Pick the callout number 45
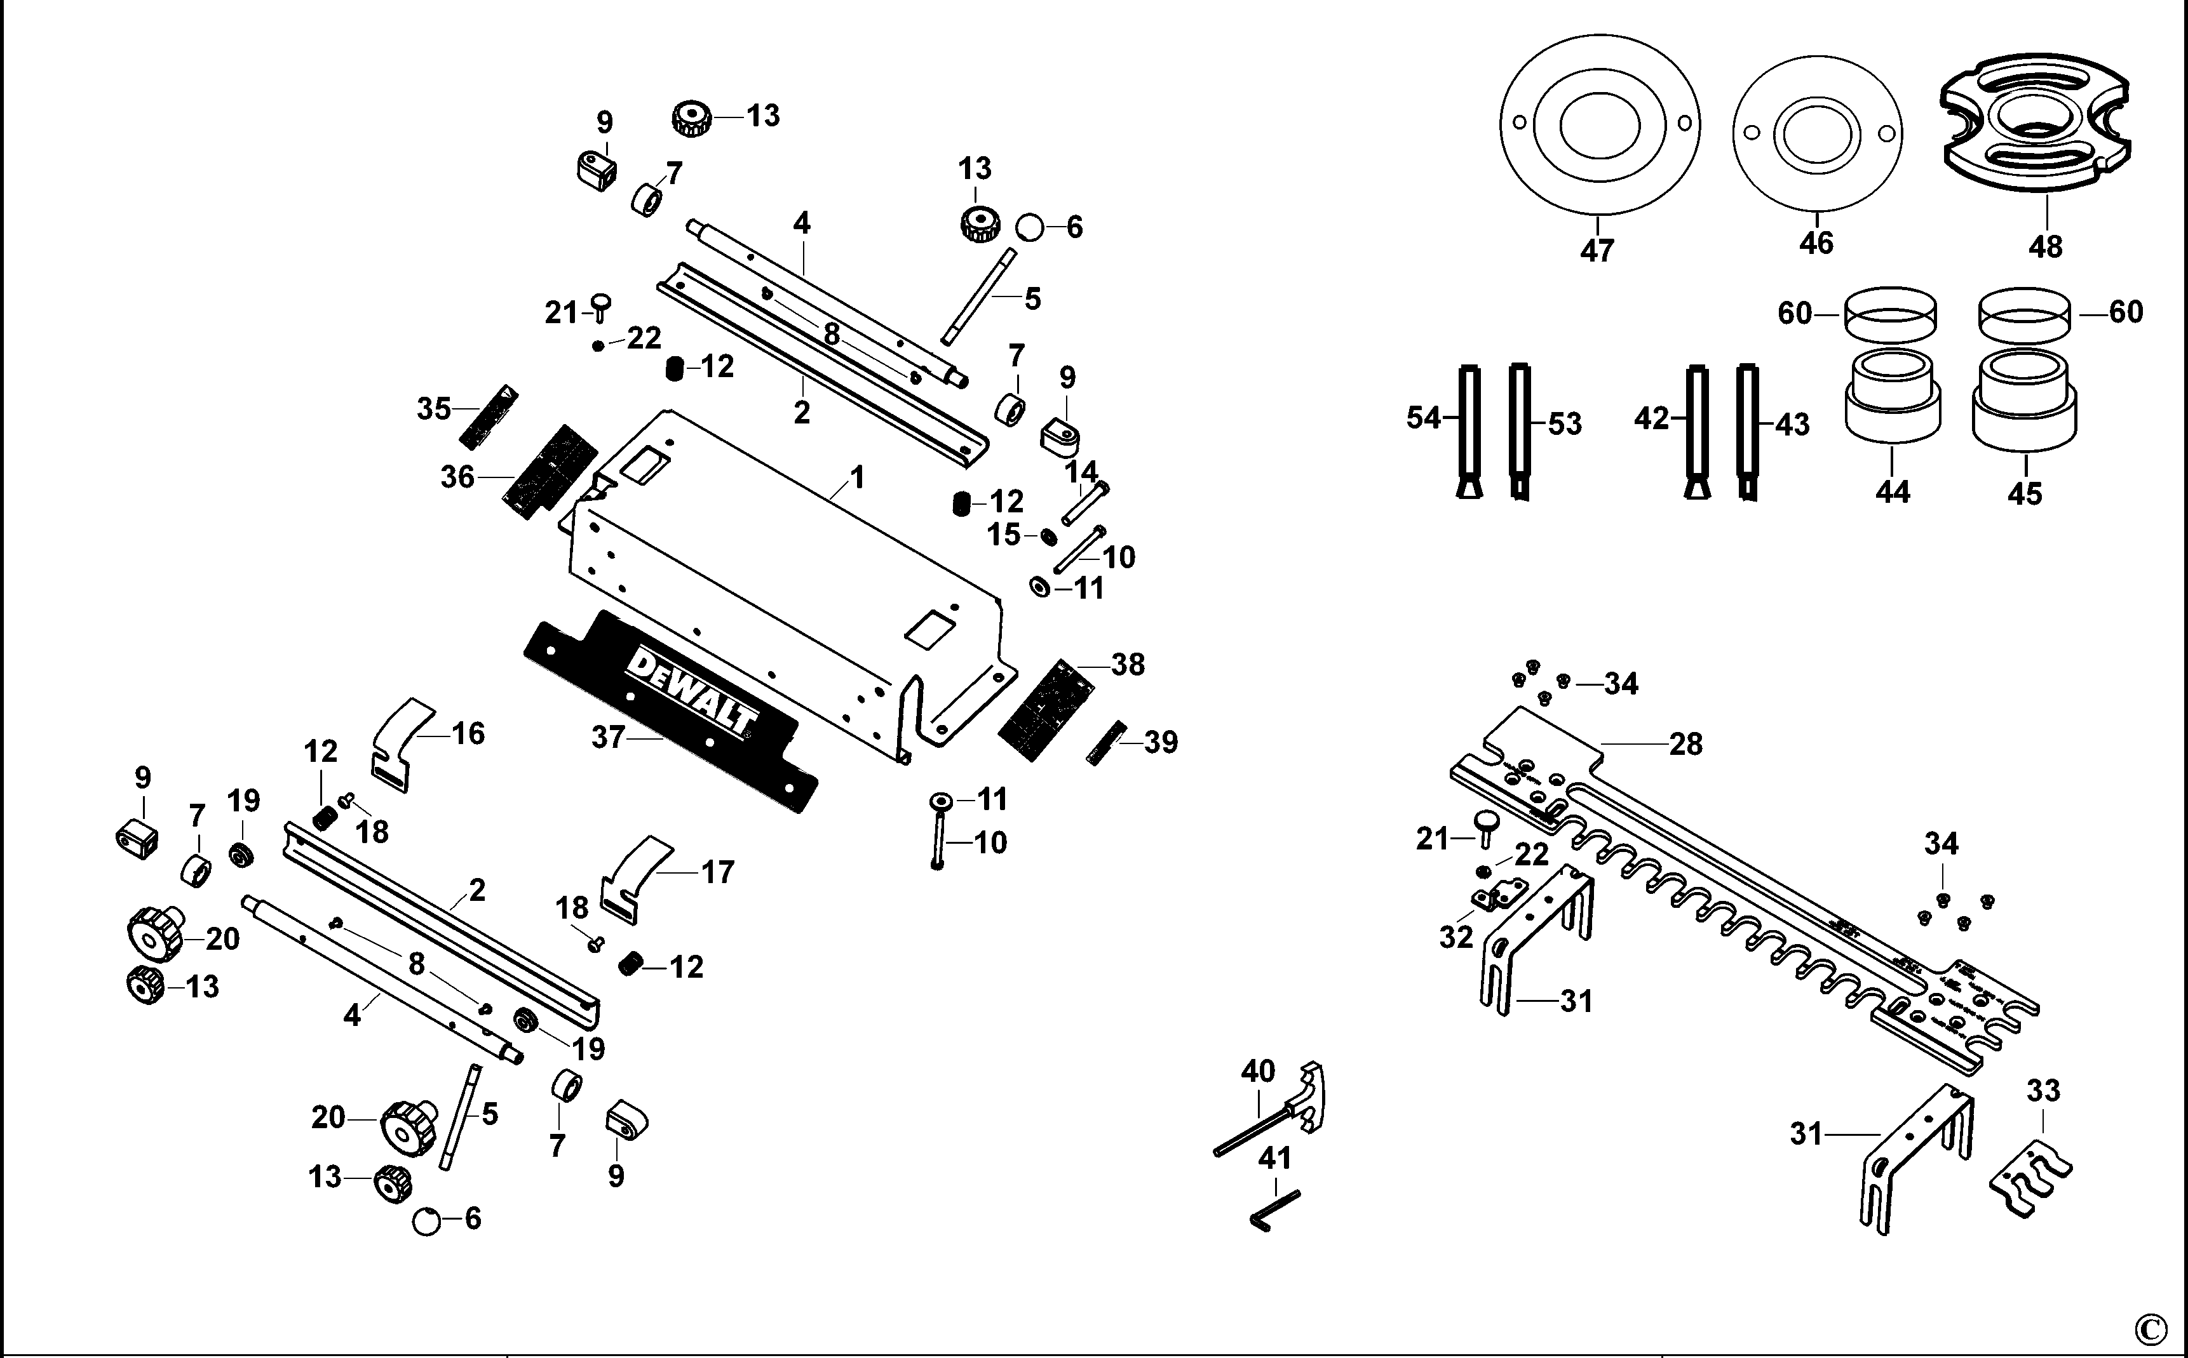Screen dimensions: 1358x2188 tap(2025, 493)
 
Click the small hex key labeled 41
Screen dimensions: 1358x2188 tap(1274, 1210)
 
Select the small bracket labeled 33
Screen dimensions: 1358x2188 tap(2034, 1178)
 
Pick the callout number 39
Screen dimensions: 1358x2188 tap(1160, 742)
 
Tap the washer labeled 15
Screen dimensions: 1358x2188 tap(1048, 537)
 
